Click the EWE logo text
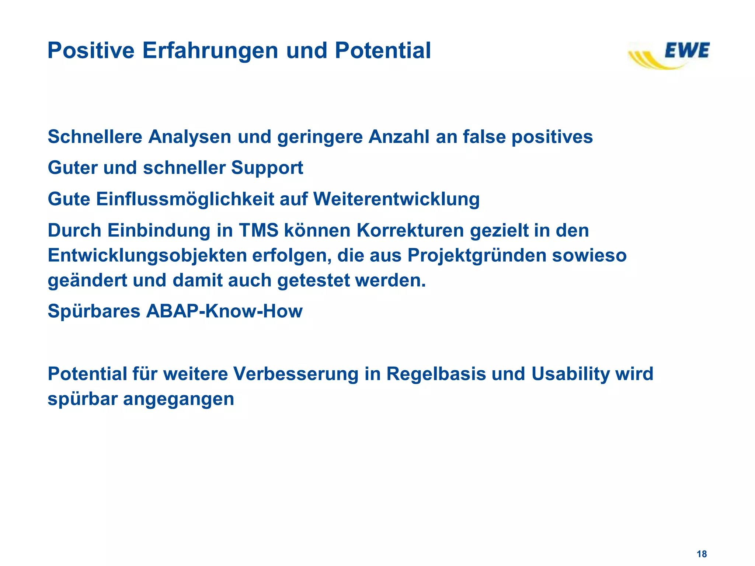[687, 50]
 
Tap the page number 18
[702, 554]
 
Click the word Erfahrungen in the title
[210, 50]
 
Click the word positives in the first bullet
[552, 137]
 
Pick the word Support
[267, 168]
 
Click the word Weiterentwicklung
[396, 199]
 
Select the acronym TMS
[258, 230]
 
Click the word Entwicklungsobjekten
[147, 255]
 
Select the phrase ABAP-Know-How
[224, 311]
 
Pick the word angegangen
[178, 399]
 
